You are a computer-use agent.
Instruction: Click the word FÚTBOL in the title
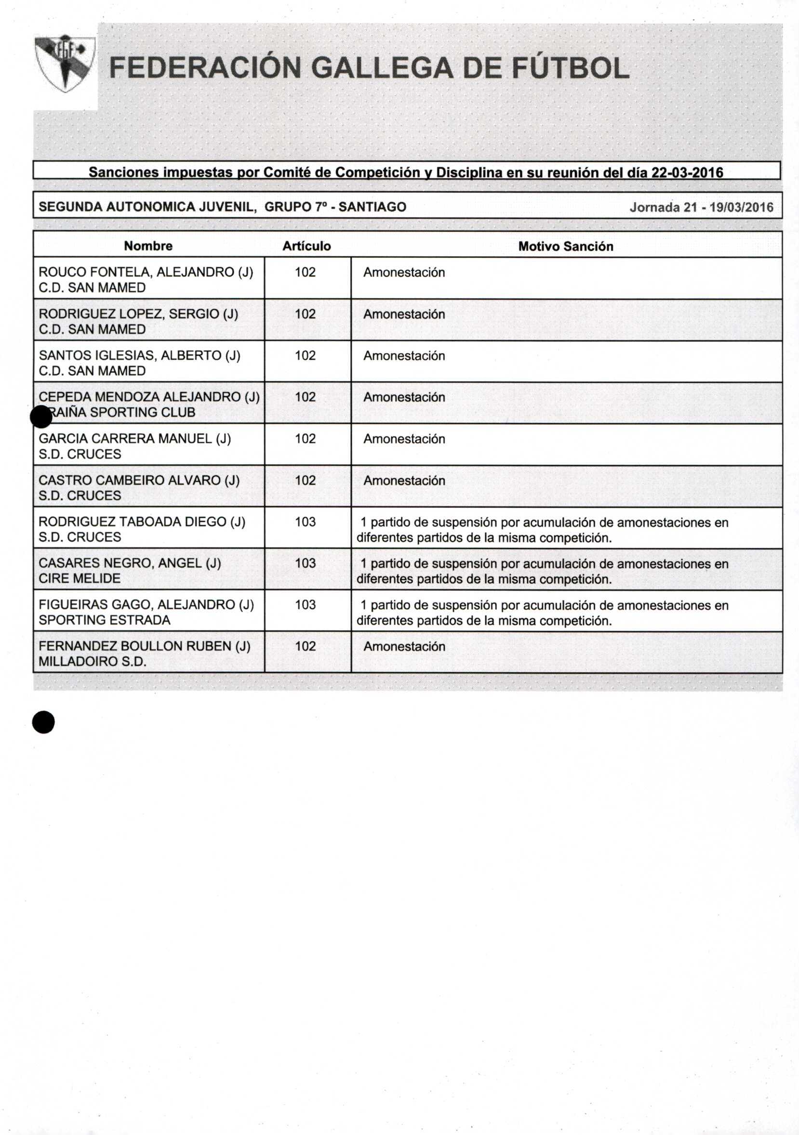click(x=570, y=68)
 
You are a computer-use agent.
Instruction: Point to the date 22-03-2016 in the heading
click(x=687, y=172)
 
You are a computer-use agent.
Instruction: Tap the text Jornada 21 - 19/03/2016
click(x=701, y=207)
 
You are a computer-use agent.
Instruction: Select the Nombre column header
click(x=148, y=246)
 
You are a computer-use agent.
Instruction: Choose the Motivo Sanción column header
click(x=565, y=246)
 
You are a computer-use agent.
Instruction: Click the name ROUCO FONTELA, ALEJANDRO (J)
click(x=146, y=273)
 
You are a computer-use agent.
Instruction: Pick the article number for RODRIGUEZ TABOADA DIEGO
click(x=305, y=522)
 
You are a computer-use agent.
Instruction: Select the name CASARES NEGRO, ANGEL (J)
click(x=130, y=563)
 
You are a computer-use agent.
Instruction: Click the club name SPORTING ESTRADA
click(x=105, y=620)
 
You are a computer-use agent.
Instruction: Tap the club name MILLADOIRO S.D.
click(x=93, y=662)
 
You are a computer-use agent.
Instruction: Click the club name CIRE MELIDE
click(x=80, y=578)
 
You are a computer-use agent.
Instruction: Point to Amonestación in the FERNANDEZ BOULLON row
click(x=404, y=647)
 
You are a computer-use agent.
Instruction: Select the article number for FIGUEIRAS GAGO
click(x=305, y=605)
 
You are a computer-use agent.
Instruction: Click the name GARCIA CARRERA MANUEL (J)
click(x=134, y=439)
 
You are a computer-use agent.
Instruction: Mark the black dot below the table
click(x=43, y=722)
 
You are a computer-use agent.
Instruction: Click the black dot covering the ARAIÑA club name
click(x=41, y=417)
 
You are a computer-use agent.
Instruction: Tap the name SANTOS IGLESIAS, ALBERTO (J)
click(x=140, y=355)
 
